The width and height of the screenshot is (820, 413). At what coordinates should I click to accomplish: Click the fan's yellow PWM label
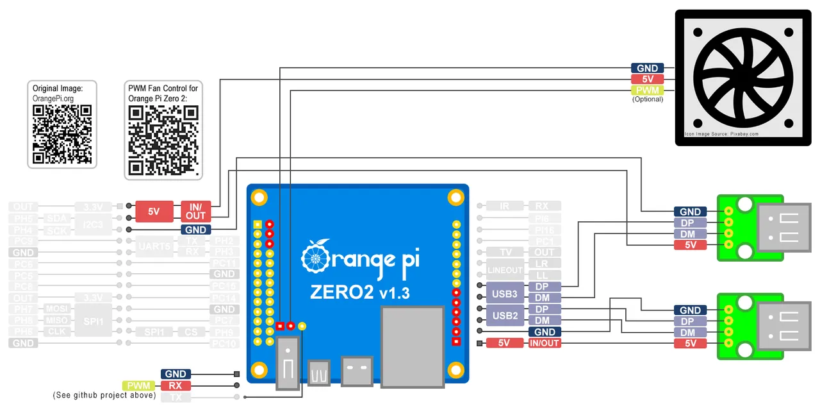pyautogui.click(x=647, y=90)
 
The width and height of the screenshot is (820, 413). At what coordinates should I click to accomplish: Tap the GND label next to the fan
pyautogui.click(x=647, y=68)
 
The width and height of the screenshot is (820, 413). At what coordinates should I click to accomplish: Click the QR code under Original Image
pyautogui.click(x=62, y=134)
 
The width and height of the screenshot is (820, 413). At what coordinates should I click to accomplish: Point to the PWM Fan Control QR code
pyautogui.click(x=163, y=140)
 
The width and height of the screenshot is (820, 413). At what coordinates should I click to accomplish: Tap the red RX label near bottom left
pyautogui.click(x=176, y=385)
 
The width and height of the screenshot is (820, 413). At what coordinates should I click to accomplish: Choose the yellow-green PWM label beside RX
pyautogui.click(x=140, y=385)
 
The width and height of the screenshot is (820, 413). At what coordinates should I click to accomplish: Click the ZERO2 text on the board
pyautogui.click(x=341, y=292)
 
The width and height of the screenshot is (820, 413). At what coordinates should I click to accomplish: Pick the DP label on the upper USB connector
pyautogui.click(x=690, y=223)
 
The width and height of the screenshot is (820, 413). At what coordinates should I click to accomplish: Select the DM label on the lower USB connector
pyautogui.click(x=690, y=332)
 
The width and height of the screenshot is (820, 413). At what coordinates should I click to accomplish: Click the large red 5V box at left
pyautogui.click(x=154, y=210)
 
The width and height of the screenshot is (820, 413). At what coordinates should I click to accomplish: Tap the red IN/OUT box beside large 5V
pyautogui.click(x=195, y=210)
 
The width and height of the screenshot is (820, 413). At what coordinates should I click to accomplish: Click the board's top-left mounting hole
pyautogui.click(x=259, y=196)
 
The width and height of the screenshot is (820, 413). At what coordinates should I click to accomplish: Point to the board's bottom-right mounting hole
pyautogui.click(x=455, y=370)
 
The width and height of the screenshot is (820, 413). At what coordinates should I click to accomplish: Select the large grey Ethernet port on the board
pyautogui.click(x=413, y=346)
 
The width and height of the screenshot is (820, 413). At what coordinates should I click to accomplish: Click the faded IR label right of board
pyautogui.click(x=505, y=206)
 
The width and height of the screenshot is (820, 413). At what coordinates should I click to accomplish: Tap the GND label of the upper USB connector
pyautogui.click(x=690, y=212)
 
